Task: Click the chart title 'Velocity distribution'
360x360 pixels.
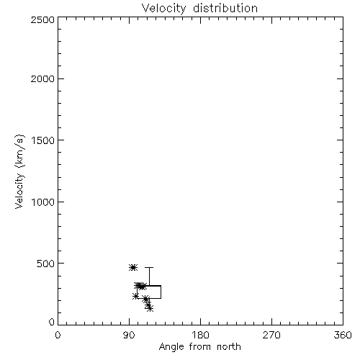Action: click(x=199, y=8)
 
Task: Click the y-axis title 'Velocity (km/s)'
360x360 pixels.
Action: click(x=19, y=171)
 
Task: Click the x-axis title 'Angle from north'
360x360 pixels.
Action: click(x=199, y=347)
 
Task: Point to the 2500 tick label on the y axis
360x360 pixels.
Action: click(x=42, y=19)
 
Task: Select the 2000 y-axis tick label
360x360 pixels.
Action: click(x=42, y=78)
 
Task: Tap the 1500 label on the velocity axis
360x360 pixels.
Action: click(x=43, y=140)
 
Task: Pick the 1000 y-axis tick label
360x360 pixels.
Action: click(x=43, y=202)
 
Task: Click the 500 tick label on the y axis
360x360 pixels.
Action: click(x=46, y=264)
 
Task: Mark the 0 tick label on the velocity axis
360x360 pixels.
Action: click(x=52, y=322)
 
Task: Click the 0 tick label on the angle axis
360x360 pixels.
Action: click(x=58, y=335)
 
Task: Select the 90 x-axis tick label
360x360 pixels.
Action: click(x=129, y=335)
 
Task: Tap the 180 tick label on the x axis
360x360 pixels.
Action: click(x=200, y=335)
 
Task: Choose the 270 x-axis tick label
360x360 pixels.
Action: click(x=271, y=335)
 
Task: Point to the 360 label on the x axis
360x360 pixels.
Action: click(x=343, y=335)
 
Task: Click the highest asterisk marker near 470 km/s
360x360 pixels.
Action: click(x=133, y=267)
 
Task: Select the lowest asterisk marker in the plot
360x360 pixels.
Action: click(x=150, y=308)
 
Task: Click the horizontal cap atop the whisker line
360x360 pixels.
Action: click(x=149, y=267)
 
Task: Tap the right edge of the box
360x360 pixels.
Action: click(x=161, y=292)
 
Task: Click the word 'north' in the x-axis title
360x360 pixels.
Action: click(x=229, y=347)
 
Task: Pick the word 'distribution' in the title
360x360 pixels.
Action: click(x=225, y=8)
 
